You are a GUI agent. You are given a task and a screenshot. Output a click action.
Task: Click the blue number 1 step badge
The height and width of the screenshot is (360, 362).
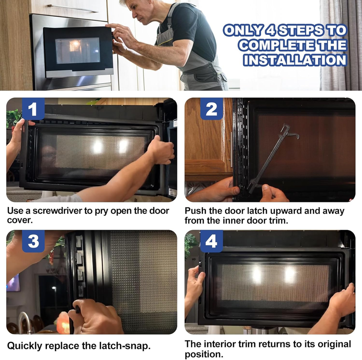(x=33, y=109)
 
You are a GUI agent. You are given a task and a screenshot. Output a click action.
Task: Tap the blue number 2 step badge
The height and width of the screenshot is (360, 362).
(x=211, y=109)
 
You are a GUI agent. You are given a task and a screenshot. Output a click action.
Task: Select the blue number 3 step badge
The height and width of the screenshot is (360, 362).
(x=33, y=241)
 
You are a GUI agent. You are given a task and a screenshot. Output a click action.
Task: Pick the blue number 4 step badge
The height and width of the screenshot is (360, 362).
(x=211, y=241)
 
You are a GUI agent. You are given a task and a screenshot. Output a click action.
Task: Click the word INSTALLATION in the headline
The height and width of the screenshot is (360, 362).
(x=295, y=60)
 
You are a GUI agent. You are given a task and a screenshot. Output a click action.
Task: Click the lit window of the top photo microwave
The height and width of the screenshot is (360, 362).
(x=77, y=51)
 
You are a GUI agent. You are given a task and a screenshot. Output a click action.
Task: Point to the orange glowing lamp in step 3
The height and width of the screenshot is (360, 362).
(x=63, y=322)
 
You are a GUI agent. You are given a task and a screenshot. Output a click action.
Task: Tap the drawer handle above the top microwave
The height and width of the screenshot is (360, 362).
(x=73, y=9)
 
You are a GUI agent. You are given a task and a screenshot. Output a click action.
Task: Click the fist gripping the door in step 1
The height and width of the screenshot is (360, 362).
(x=161, y=150)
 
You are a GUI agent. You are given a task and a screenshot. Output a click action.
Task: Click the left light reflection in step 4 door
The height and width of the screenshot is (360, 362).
(x=257, y=275)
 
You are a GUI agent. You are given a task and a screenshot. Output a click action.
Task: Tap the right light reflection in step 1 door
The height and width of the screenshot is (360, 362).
(x=124, y=146)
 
